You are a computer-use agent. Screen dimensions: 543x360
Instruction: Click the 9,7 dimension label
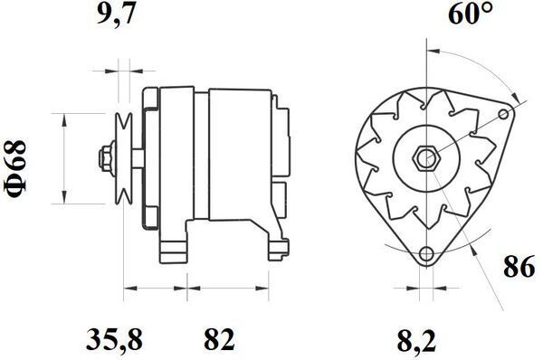[115, 14]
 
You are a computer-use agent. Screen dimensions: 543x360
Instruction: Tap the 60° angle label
[471, 14]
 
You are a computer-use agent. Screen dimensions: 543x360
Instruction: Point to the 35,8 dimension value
[114, 339]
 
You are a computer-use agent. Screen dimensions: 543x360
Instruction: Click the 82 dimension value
[219, 339]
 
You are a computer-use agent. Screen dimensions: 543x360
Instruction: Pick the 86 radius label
[519, 267]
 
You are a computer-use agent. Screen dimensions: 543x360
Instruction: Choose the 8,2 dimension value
[416, 339]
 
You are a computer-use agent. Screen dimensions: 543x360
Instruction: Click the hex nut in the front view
[426, 159]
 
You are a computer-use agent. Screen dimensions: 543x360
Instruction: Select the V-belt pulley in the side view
[124, 158]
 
